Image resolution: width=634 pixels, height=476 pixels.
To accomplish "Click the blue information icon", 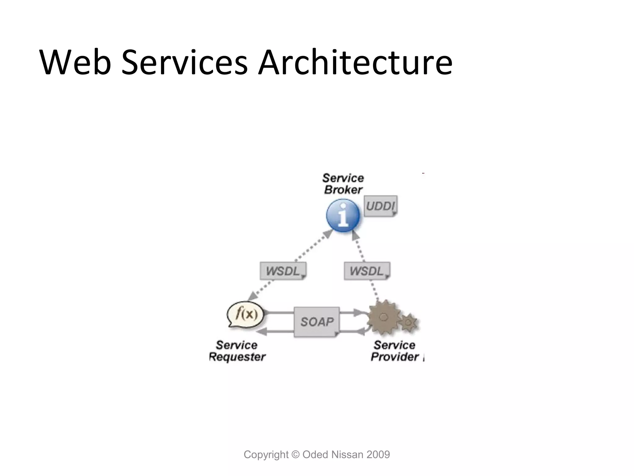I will click(343, 215).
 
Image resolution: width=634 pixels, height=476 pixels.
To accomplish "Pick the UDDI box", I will click(380, 206).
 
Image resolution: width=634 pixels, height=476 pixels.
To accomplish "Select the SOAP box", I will click(317, 322).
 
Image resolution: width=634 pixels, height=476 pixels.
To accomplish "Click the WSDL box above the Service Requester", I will click(283, 271).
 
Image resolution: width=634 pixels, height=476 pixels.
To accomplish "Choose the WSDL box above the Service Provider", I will click(367, 271).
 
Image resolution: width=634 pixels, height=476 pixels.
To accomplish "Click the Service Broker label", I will click(343, 183).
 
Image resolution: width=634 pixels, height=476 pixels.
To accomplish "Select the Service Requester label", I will click(237, 351).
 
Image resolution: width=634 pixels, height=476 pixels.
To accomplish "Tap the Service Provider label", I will click(395, 351).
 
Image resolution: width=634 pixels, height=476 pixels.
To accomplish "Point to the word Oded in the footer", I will click(315, 455).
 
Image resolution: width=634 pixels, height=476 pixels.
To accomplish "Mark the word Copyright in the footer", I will click(266, 455).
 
